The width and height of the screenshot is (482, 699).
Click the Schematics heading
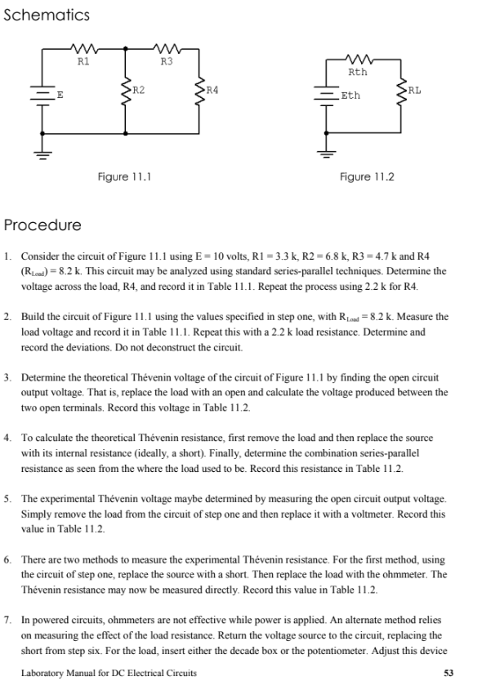click(47, 16)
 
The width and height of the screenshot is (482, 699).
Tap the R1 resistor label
click(83, 60)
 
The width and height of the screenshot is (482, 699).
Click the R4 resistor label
click(212, 87)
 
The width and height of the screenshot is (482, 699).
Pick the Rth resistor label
click(359, 72)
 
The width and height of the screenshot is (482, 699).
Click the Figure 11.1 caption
click(123, 176)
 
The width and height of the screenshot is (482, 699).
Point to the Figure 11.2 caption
click(367, 176)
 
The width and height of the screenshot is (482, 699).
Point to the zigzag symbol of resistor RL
click(400, 89)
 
